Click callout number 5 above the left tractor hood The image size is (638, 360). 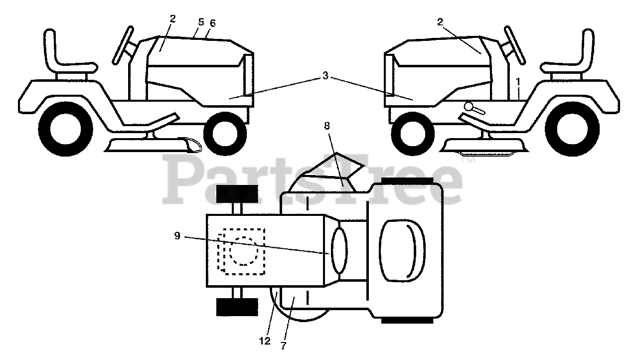201,22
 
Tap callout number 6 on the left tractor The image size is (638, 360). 213,23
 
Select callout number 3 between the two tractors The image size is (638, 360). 325,76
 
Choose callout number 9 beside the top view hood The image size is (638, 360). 177,236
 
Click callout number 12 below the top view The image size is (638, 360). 265,341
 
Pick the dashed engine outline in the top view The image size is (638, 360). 242,251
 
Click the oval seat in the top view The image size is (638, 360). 398,249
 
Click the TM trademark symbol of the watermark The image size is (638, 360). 467,161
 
